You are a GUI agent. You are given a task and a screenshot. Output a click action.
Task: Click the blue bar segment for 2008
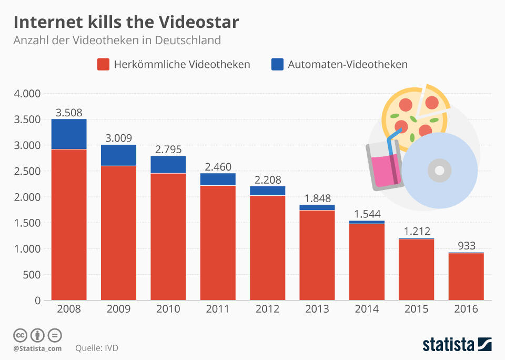pyautogui.click(x=69, y=134)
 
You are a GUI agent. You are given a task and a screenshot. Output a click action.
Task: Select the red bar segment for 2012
pyautogui.click(x=267, y=247)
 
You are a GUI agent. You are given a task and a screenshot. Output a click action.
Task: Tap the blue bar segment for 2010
pyautogui.click(x=168, y=164)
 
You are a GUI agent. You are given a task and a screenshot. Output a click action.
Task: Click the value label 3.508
pyautogui.click(x=69, y=113)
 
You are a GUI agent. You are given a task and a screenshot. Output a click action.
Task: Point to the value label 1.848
pyautogui.click(x=317, y=198)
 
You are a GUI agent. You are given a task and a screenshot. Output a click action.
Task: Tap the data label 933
pyautogui.click(x=466, y=246)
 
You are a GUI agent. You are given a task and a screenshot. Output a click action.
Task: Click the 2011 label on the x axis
pyautogui.click(x=218, y=309)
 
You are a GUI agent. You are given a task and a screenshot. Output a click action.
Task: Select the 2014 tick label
pyautogui.click(x=367, y=309)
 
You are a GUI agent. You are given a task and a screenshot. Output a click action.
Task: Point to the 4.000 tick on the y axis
pyautogui.click(x=26, y=94)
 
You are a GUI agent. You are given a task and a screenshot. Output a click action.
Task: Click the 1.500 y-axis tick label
pyautogui.click(x=26, y=223)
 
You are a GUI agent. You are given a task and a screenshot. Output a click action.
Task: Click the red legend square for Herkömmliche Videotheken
pyautogui.click(x=103, y=64)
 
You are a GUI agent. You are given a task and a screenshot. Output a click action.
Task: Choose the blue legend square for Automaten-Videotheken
pyautogui.click(x=277, y=64)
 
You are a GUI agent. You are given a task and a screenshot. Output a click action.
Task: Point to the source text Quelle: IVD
pyautogui.click(x=96, y=348)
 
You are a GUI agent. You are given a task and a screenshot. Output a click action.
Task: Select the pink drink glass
pyautogui.click(x=386, y=165)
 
